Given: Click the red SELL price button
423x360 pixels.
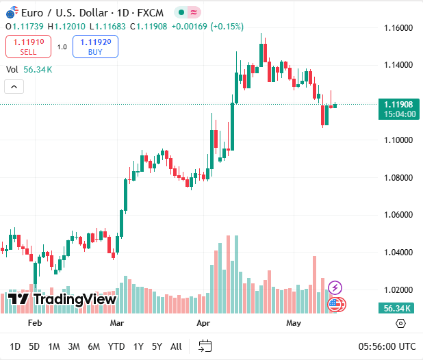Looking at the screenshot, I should (28, 47).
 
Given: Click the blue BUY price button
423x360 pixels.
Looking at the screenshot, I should (95, 47).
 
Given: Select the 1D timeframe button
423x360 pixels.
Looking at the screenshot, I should (15, 346).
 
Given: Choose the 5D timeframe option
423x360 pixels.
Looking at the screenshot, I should (34, 346).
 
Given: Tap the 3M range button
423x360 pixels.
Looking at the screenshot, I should (74, 346).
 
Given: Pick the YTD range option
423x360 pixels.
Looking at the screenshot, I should (116, 346).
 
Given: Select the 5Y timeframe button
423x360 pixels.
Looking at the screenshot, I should (157, 346).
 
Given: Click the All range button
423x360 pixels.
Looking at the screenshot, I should (176, 346).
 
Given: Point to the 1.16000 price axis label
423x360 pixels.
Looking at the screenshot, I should (398, 28).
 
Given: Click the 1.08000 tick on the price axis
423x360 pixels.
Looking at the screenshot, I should (398, 178).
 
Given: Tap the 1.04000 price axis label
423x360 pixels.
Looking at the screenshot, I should (398, 253).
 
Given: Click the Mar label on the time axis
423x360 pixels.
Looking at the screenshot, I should (117, 322).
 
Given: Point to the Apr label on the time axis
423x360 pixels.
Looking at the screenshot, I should (203, 322).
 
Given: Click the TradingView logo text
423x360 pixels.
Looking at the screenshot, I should (62, 299).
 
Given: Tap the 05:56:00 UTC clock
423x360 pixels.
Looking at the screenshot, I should (387, 346).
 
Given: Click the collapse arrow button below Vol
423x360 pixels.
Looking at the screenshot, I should (14, 86).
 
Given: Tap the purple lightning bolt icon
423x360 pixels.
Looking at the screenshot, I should (335, 287).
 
